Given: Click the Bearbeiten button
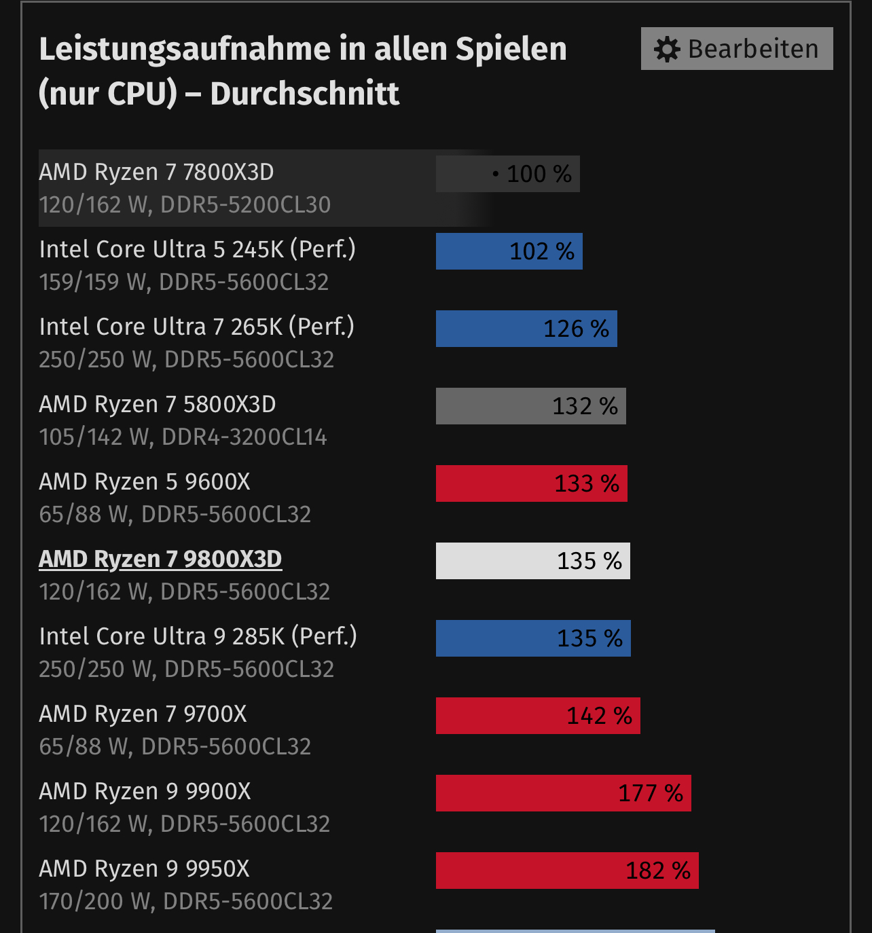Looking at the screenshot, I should coord(737,49).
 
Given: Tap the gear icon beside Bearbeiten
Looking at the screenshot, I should coord(667,50).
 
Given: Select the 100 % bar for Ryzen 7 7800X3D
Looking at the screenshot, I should coord(507,174).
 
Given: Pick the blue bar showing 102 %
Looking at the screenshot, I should coord(509,251).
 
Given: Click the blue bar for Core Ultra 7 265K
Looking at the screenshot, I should coord(526,329).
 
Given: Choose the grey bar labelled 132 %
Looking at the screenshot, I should coord(530,406).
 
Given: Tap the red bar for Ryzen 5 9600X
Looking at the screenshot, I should coord(531,483).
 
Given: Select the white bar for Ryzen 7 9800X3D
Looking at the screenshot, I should coord(532,561).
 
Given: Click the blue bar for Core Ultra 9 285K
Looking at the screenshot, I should coord(533,638).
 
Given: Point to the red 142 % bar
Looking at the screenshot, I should coord(538,716).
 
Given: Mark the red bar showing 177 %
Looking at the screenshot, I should coord(563,793).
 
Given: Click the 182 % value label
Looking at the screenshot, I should coord(657,871).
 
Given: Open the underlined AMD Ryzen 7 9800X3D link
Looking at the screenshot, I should coord(160,559).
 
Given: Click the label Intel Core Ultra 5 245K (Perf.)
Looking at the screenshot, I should coord(198,249).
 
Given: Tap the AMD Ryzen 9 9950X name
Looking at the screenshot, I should coord(145,868).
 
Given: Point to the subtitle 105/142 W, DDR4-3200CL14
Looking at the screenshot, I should coord(183,437).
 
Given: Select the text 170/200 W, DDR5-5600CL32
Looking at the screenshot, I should coord(186,901).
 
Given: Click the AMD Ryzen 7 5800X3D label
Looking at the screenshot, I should coord(158,404).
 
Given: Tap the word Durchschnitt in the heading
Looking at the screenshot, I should coord(305,94).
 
